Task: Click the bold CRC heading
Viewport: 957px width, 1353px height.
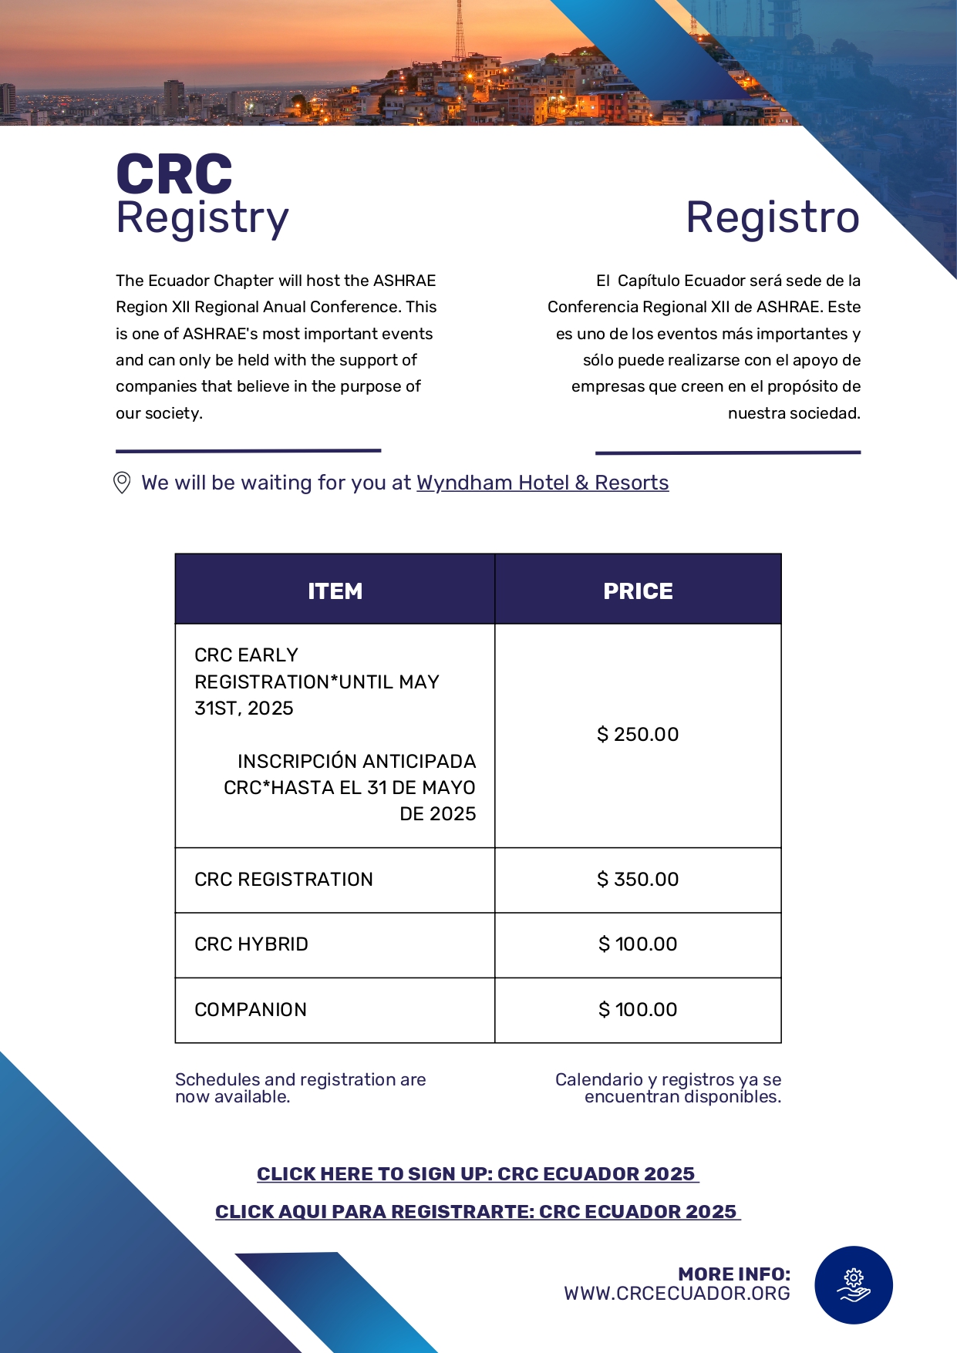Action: click(x=174, y=174)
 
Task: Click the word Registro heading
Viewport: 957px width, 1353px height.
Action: click(x=773, y=217)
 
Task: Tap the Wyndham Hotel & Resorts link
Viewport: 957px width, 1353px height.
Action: click(x=542, y=483)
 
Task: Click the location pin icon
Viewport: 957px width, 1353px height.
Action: click(x=122, y=483)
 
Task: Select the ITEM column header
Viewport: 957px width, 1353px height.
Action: click(x=335, y=591)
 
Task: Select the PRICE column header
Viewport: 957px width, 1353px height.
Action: click(x=638, y=591)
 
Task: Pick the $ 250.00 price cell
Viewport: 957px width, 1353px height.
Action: click(x=638, y=734)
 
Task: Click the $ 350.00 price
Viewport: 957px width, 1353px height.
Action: click(x=638, y=879)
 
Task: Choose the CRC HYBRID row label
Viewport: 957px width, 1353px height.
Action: click(x=251, y=944)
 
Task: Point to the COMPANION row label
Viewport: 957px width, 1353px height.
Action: click(x=251, y=1009)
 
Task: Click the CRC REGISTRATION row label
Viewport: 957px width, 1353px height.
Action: click(x=284, y=879)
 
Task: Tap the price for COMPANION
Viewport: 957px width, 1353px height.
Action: click(x=638, y=1009)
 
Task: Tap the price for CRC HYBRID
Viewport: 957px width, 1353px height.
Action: click(x=638, y=944)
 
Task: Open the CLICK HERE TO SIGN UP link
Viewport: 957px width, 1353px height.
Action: click(x=477, y=1174)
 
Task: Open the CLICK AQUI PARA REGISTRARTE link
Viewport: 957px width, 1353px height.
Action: click(x=477, y=1212)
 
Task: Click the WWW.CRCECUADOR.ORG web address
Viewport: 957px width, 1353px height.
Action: click(x=677, y=1294)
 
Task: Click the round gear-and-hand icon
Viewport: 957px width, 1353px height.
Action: click(x=854, y=1285)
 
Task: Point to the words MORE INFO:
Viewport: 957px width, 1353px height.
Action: click(x=734, y=1274)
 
